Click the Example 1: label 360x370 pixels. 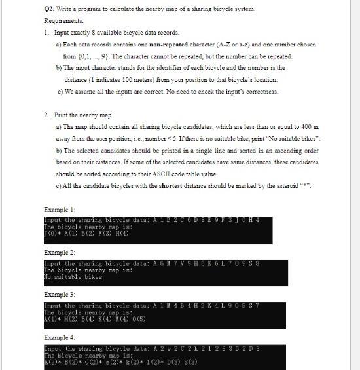coord(58,209)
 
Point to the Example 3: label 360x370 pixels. coord(58,295)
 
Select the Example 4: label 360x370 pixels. coord(58,337)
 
